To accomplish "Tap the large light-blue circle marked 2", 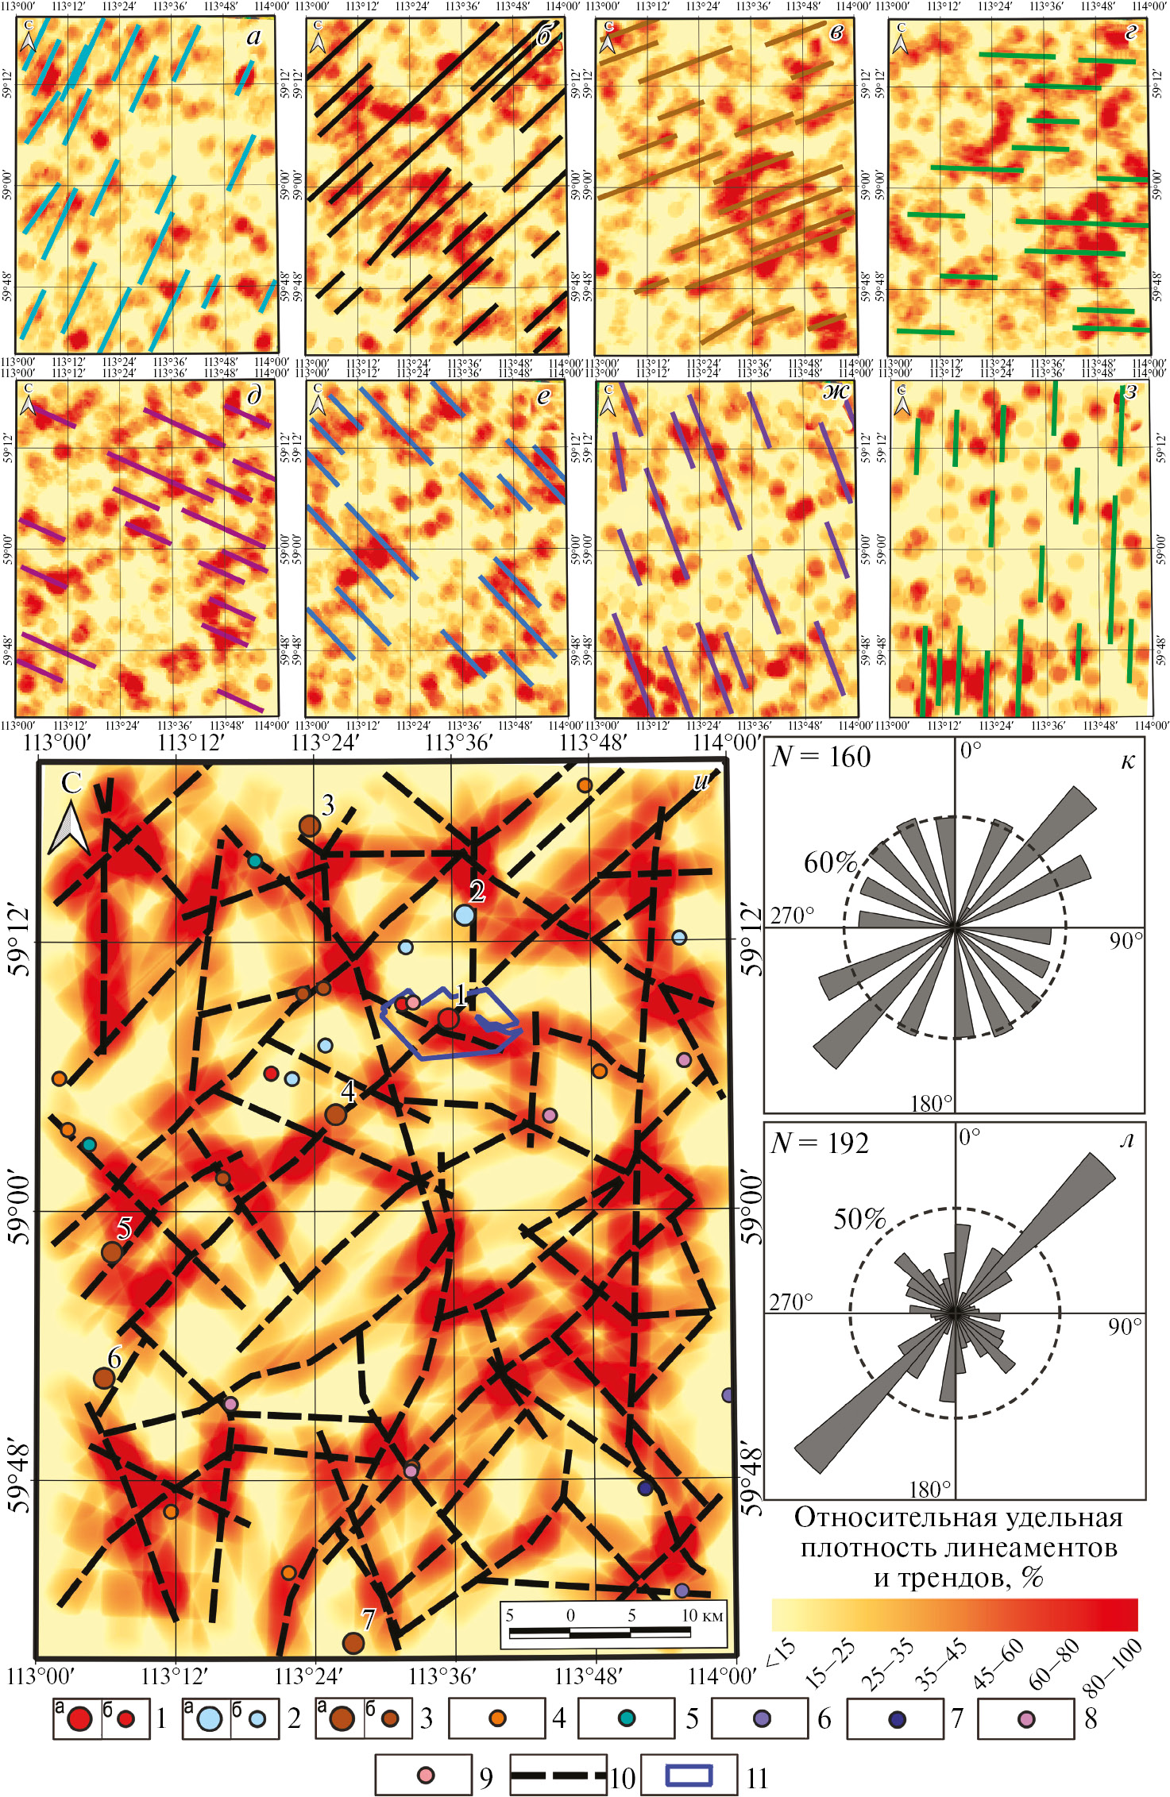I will click(x=465, y=915).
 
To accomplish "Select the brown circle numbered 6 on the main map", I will click(x=104, y=1377).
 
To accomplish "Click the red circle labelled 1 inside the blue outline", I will click(x=449, y=1017).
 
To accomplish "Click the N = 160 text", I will click(x=821, y=758).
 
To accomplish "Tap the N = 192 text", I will click(x=820, y=1143).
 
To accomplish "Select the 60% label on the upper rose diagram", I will click(x=830, y=862).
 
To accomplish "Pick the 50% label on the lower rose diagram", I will click(x=859, y=1219).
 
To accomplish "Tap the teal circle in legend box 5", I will click(x=626, y=1718).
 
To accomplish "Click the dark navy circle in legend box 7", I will click(x=897, y=1718).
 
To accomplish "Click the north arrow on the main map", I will click(x=70, y=818).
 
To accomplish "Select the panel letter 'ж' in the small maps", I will click(x=837, y=391).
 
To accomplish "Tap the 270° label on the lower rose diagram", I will click(x=791, y=1302).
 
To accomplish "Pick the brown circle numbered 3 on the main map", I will click(x=310, y=826).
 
